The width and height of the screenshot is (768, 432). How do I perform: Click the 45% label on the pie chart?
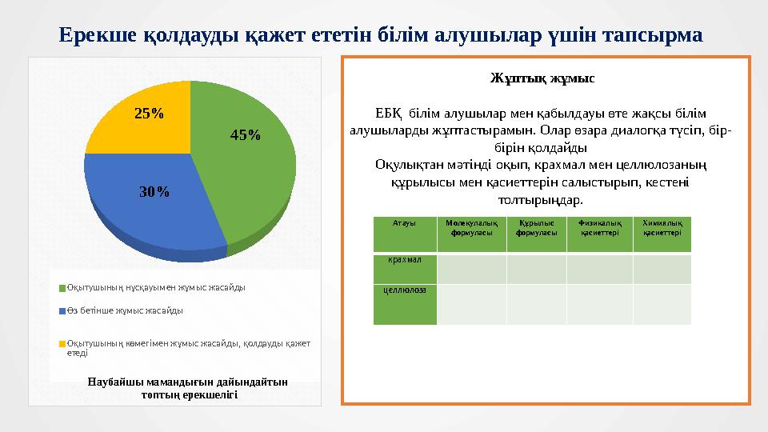[245, 135]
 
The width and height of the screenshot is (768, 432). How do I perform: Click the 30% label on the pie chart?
[154, 192]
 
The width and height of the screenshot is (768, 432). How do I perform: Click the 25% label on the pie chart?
[149, 114]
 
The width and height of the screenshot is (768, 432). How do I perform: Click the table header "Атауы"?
[404, 223]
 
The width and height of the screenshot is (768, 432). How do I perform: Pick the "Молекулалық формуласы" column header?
[471, 228]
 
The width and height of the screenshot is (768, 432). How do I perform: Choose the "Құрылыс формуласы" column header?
[537, 228]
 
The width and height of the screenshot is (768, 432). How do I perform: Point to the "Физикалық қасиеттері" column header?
[599, 228]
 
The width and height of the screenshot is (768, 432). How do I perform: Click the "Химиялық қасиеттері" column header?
[662, 228]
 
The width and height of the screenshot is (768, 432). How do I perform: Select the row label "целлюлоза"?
[404, 290]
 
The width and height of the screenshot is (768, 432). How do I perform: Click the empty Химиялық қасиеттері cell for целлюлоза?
[662, 305]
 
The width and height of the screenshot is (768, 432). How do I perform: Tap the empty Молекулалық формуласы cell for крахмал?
[471, 270]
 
